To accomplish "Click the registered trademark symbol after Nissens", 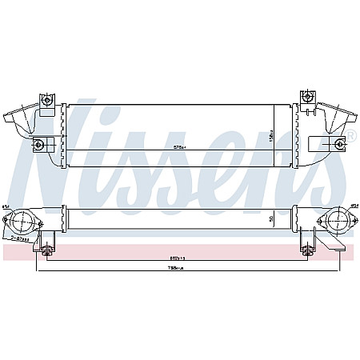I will pyautogui.click(x=350, y=138).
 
